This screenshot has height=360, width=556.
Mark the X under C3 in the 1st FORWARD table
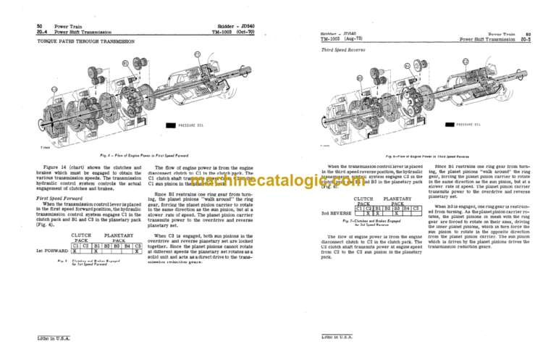[x=136, y=250]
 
